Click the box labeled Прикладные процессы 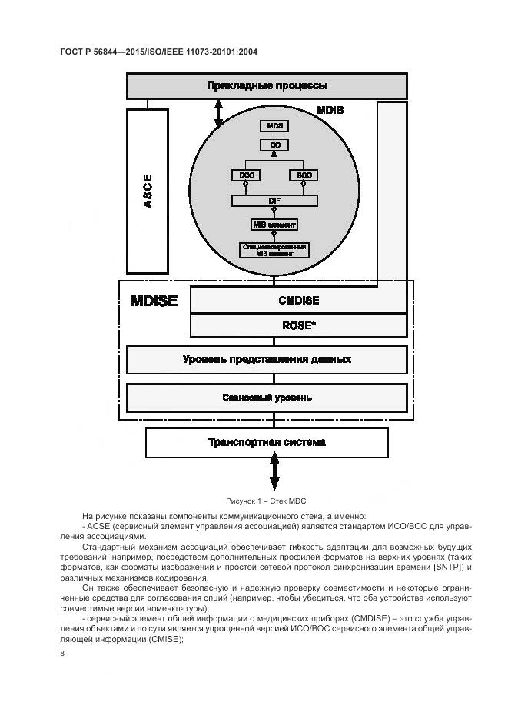tap(267, 85)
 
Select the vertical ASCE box tap(148, 191)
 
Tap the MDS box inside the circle tap(274, 125)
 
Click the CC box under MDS tap(274, 144)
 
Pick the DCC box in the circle tap(246, 175)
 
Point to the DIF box tap(274, 200)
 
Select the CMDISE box tap(299, 300)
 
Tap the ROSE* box tap(299, 325)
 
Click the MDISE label tap(154, 300)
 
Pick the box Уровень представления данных tap(267, 359)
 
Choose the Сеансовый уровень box tap(267, 398)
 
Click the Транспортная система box tap(267, 442)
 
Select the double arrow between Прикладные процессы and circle tap(218, 114)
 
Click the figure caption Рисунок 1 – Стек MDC tap(266, 500)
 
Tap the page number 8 tap(62, 653)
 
